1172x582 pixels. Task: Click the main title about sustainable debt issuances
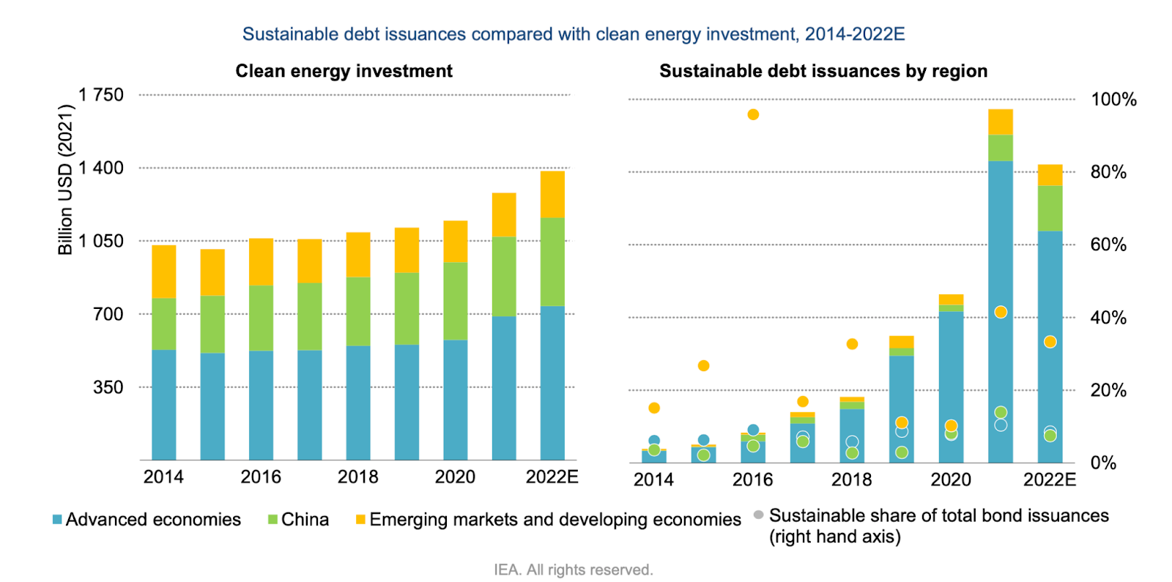(574, 34)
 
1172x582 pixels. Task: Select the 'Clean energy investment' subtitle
(344, 71)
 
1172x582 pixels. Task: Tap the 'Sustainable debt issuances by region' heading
(823, 71)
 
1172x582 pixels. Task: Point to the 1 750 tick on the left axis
(101, 95)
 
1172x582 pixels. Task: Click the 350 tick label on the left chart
(108, 387)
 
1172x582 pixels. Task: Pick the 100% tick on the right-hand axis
(1113, 100)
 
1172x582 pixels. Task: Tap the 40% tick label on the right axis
(1108, 318)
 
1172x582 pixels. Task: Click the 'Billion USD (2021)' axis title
(66, 179)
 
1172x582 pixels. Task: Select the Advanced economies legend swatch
(57, 520)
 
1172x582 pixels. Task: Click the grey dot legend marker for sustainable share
(759, 515)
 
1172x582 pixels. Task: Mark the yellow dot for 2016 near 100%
(753, 115)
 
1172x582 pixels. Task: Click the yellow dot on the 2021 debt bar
(1001, 313)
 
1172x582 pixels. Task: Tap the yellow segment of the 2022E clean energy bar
(552, 194)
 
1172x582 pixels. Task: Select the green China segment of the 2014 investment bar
(164, 324)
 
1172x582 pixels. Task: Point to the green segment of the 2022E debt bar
(1050, 209)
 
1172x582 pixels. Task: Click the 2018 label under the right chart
(851, 480)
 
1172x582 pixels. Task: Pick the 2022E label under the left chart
(552, 477)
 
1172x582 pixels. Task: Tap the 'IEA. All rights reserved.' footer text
(574, 570)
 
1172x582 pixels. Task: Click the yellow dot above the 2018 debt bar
(852, 344)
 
